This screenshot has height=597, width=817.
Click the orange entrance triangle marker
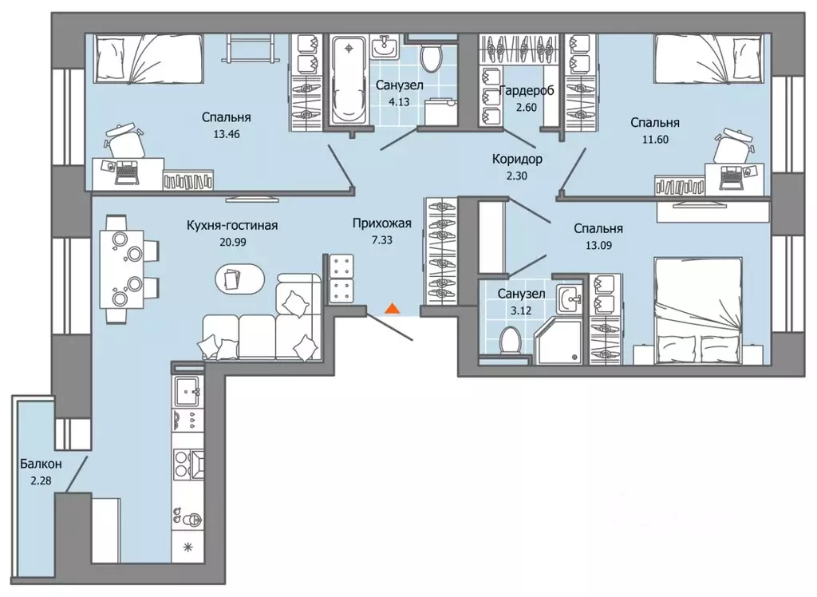coord(393,309)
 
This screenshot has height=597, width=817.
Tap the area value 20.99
coord(233,242)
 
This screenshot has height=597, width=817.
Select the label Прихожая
coord(382,223)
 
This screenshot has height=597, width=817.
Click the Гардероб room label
coord(527,91)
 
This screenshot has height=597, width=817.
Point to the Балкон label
coord(41,464)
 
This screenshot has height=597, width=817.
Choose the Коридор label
coord(517,159)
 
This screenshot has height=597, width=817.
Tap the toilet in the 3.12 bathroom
coord(508,340)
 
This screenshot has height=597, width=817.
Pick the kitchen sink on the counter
coord(187,391)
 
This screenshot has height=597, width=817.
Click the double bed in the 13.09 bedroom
coord(698,310)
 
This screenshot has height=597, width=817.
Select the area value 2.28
coord(41,480)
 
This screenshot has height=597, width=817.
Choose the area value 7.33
coord(382,240)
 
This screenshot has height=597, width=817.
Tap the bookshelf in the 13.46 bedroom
coord(188,180)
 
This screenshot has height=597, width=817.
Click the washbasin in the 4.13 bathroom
coord(385,47)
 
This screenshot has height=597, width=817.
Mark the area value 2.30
coord(517,176)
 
